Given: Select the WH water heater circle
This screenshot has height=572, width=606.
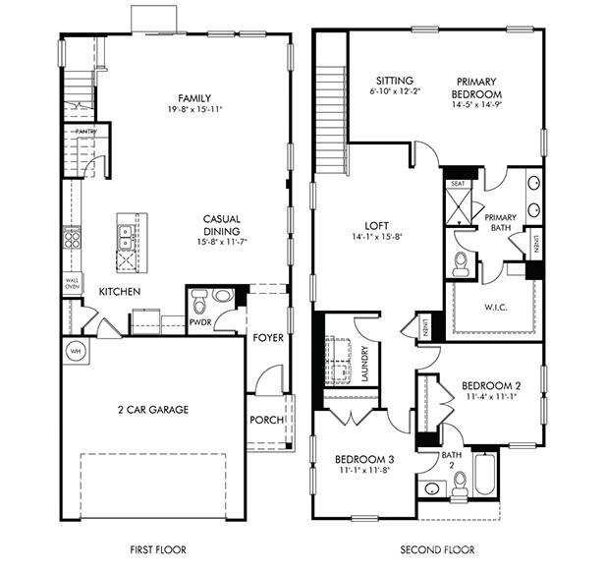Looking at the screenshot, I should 75,349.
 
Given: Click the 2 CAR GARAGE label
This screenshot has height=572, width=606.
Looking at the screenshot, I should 152,410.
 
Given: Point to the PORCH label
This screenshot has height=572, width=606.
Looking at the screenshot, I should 267,421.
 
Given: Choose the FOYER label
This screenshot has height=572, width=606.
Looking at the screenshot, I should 267,338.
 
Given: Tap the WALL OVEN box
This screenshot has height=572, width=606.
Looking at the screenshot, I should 72,283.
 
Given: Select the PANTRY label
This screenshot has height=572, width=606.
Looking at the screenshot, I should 84,131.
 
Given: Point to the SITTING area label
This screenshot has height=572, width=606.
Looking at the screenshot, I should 393,81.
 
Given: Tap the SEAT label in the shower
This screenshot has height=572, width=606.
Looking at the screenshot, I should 458,184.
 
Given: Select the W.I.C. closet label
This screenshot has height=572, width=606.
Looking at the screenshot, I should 496,306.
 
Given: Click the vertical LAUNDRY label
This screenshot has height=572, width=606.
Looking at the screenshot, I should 364,363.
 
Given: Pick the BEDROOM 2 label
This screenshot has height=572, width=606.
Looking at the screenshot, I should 491,385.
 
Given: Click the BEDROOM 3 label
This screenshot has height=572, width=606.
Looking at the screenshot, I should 363,460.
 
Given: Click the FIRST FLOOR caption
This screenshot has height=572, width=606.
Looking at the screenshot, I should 158,549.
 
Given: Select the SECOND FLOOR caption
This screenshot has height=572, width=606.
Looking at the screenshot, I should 439,549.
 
